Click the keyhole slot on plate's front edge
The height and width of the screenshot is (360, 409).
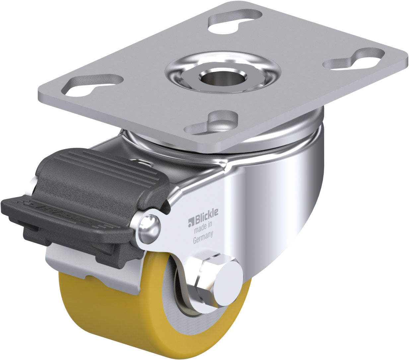point(214,124)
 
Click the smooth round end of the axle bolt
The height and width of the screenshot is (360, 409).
point(229,282)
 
